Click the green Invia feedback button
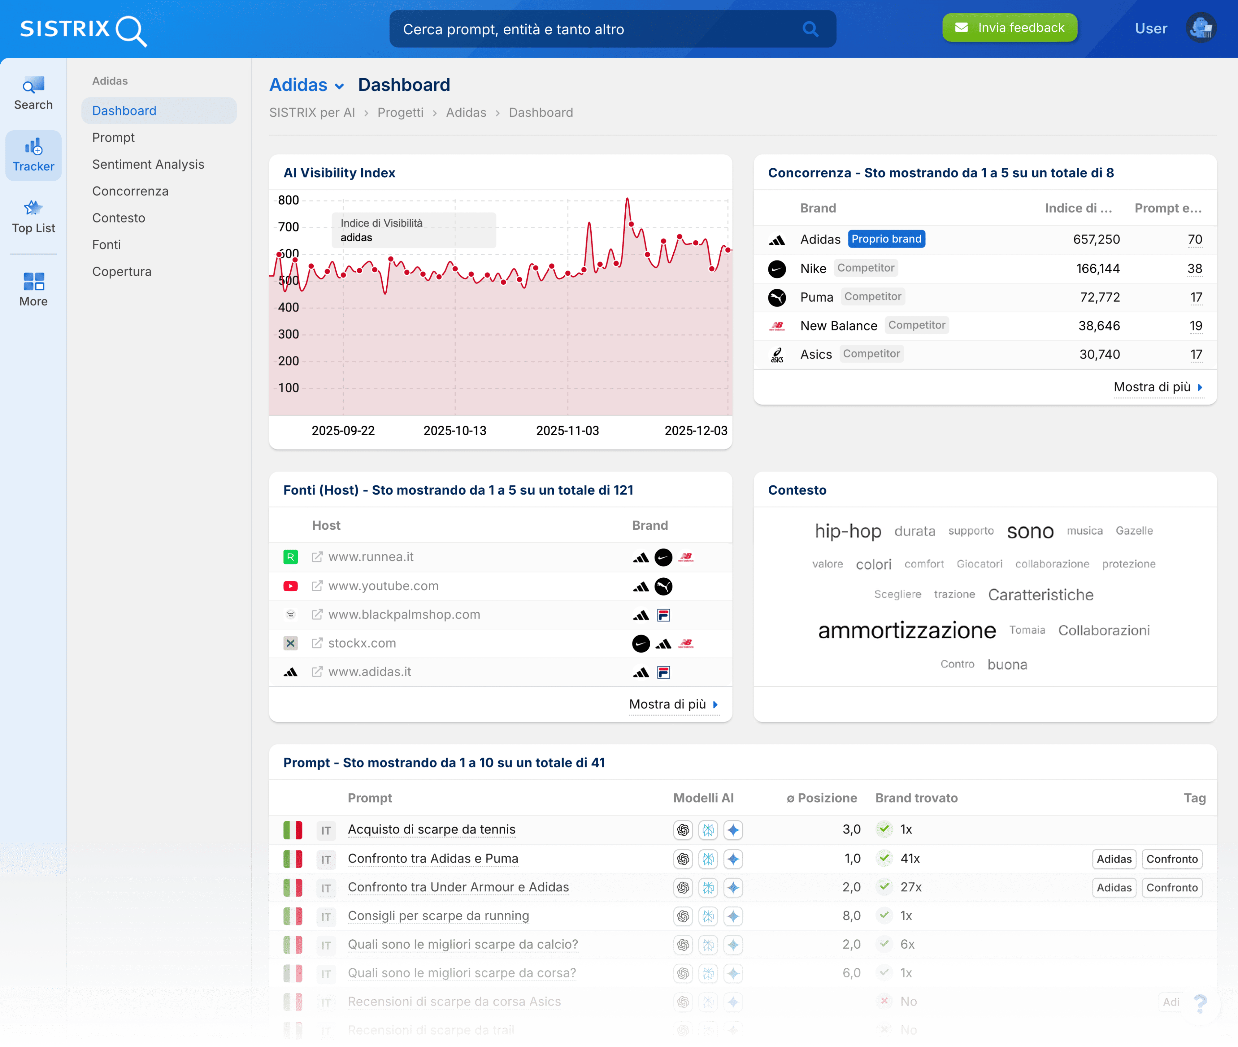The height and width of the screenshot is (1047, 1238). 1010,28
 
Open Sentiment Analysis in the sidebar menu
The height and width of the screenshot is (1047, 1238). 148,164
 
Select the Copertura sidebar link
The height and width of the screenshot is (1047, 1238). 122,271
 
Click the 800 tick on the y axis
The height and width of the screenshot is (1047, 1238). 289,200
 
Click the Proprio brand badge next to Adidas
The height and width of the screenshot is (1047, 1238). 886,239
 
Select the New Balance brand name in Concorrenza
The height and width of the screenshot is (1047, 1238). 838,325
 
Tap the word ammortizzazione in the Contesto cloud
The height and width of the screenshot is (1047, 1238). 907,630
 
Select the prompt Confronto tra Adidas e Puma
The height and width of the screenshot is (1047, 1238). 433,858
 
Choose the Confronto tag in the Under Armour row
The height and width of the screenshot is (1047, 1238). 1171,887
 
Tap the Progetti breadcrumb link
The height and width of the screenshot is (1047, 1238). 400,113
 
